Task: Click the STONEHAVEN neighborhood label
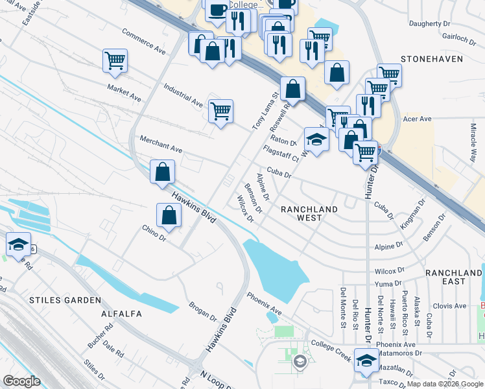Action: tap(432, 58)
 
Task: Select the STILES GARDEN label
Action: tap(65, 300)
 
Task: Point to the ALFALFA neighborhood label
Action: tap(121, 314)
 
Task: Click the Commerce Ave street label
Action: tap(144, 41)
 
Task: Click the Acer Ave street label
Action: tap(417, 119)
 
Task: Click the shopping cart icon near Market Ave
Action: tap(115, 61)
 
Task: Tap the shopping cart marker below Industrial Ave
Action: tap(220, 111)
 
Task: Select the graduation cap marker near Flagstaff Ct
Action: tap(316, 140)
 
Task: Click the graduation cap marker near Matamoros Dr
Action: tap(366, 361)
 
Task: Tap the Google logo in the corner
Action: tap(21, 381)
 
